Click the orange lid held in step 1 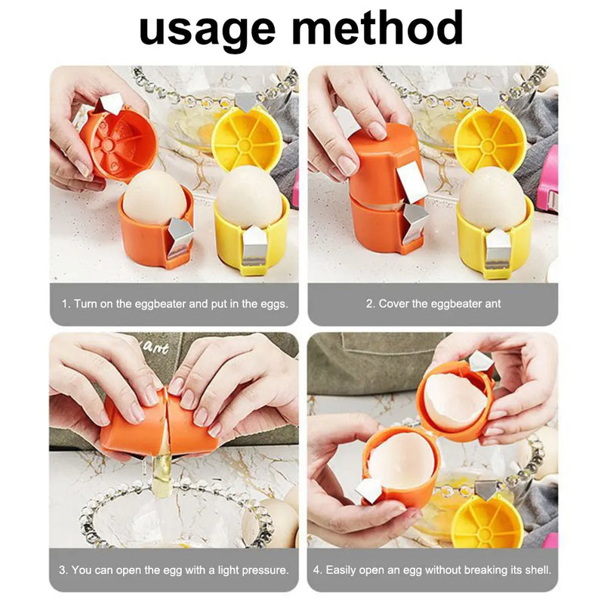click(119, 143)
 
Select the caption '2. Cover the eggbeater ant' click(433, 304)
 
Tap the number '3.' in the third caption click(63, 570)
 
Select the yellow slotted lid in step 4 click(487, 520)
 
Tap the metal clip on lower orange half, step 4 click(369, 491)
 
